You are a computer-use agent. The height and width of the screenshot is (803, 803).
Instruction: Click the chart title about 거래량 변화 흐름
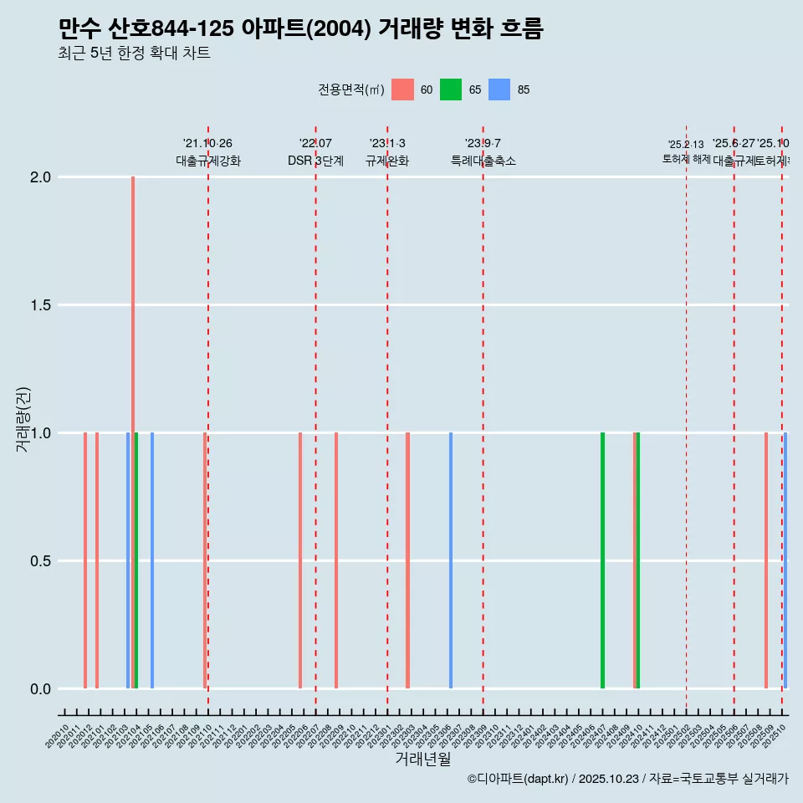pos(301,29)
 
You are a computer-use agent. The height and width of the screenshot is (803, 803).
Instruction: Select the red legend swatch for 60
pos(402,90)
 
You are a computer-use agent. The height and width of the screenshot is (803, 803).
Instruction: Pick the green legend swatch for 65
pos(451,90)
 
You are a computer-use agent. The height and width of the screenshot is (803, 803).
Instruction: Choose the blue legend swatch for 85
pos(499,90)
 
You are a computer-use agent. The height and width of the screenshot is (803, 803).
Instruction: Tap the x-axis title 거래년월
pos(422,759)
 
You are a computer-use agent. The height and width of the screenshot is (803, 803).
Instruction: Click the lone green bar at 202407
pos(602,560)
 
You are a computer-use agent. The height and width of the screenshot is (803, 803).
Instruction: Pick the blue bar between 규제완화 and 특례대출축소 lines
pos(451,560)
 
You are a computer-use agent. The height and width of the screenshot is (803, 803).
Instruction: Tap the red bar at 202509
pos(765,560)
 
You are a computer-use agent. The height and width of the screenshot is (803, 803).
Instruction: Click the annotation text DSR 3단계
pos(315,161)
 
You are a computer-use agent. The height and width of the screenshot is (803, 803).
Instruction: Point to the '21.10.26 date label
pos(207,143)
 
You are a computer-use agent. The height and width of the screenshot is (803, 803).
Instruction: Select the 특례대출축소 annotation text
pos(483,161)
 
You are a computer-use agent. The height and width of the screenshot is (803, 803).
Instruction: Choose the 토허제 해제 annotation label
pos(686,158)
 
